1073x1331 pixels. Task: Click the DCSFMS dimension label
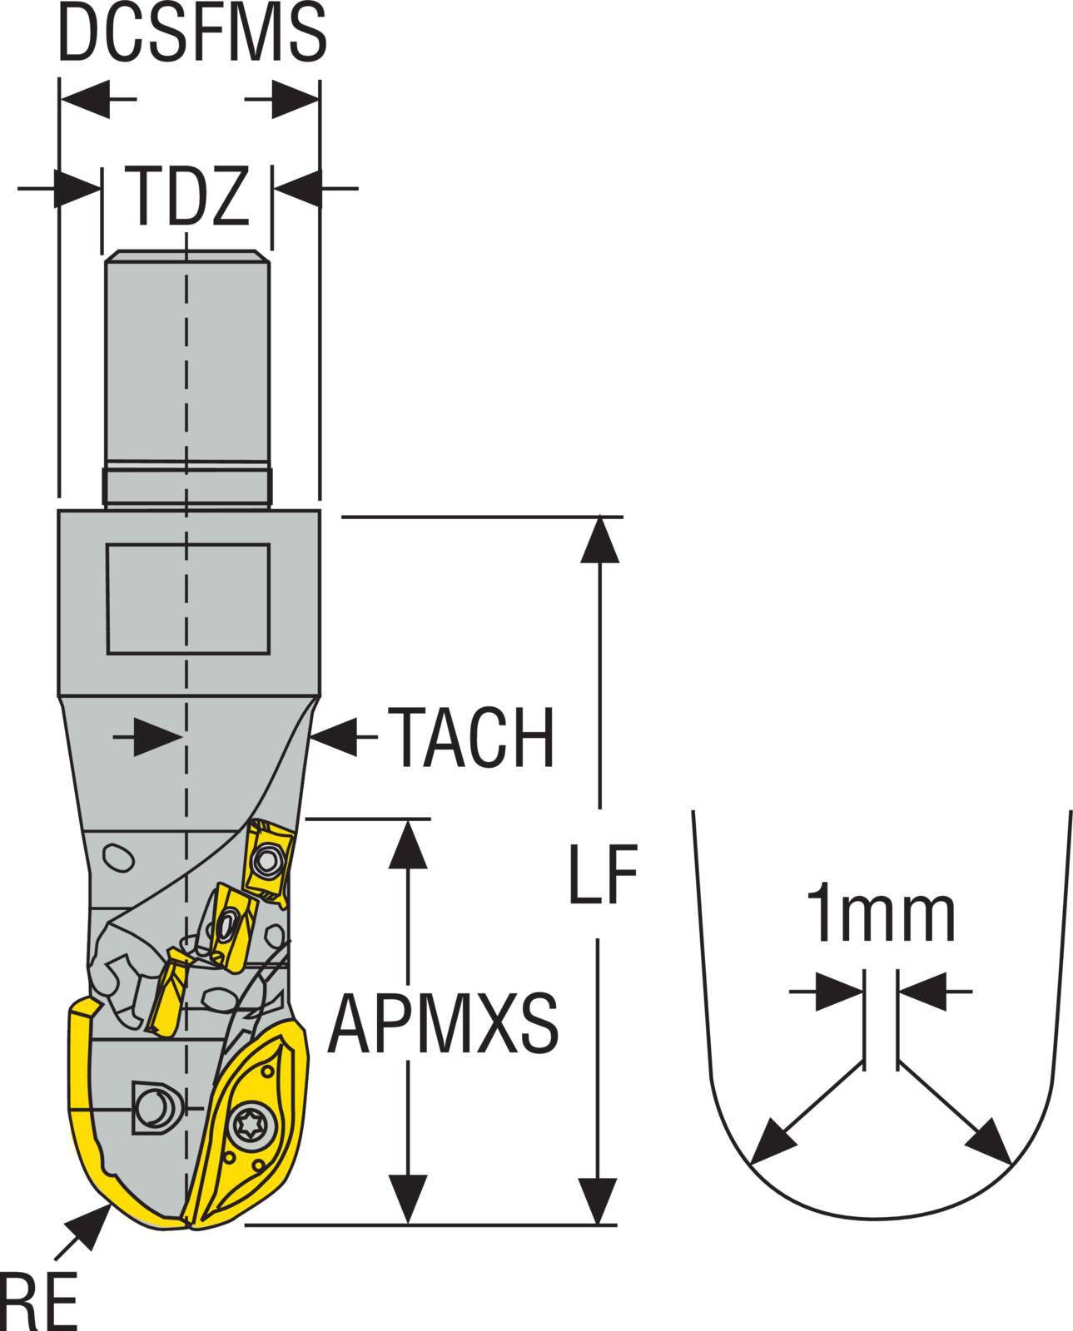pyautogui.click(x=192, y=32)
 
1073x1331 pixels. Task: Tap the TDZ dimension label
pyautogui.click(x=187, y=196)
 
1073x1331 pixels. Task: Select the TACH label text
pyautogui.click(x=471, y=737)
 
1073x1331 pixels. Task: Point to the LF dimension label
pyautogui.click(x=603, y=873)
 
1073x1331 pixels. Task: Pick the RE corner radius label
pyautogui.click(x=38, y=1301)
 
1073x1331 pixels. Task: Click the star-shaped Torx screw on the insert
pyautogui.click(x=251, y=1122)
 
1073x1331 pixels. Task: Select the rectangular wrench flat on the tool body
pyautogui.click(x=188, y=599)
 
